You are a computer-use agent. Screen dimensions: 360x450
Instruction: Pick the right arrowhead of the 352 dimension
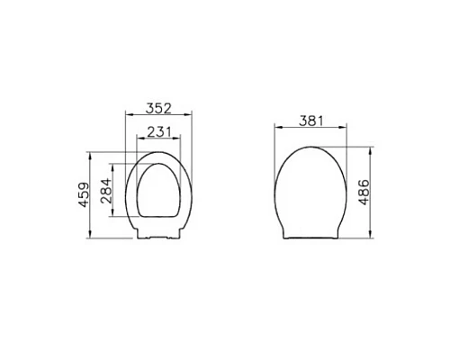190,115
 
